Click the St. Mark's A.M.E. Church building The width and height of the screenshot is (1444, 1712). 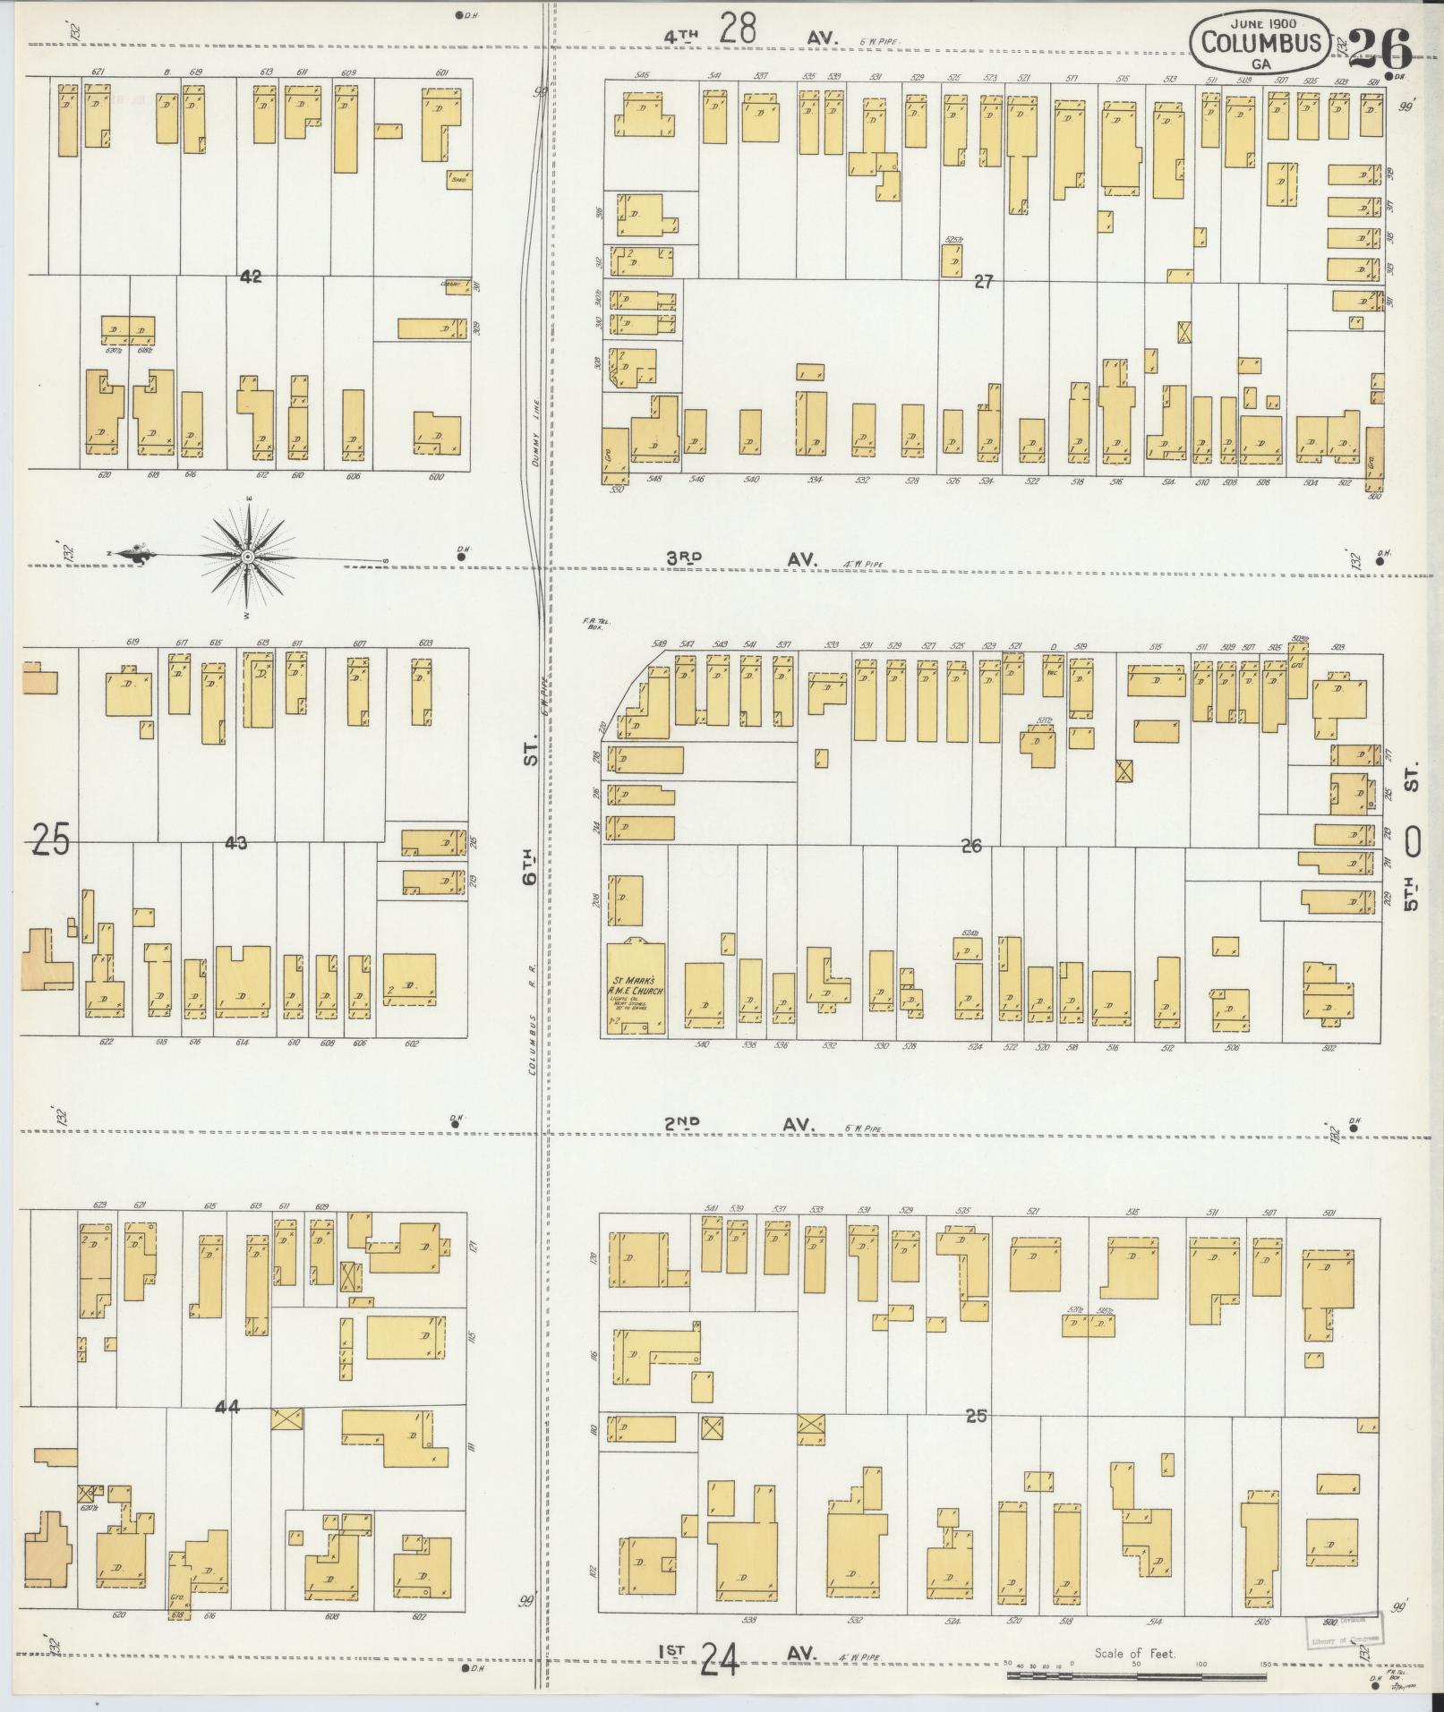pyautogui.click(x=636, y=987)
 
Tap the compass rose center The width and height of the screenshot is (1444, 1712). pyautogui.click(x=246, y=558)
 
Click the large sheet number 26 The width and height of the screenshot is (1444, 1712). pyautogui.click(x=1380, y=48)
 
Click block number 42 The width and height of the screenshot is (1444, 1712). pyautogui.click(x=251, y=277)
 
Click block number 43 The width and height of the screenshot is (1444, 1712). pyautogui.click(x=236, y=842)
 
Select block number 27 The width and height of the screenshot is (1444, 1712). pyautogui.click(x=984, y=282)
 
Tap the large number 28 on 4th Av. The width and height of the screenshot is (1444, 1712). pyautogui.click(x=739, y=29)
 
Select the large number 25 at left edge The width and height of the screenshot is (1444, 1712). pyautogui.click(x=50, y=840)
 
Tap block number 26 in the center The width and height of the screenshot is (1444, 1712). pyautogui.click(x=971, y=846)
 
